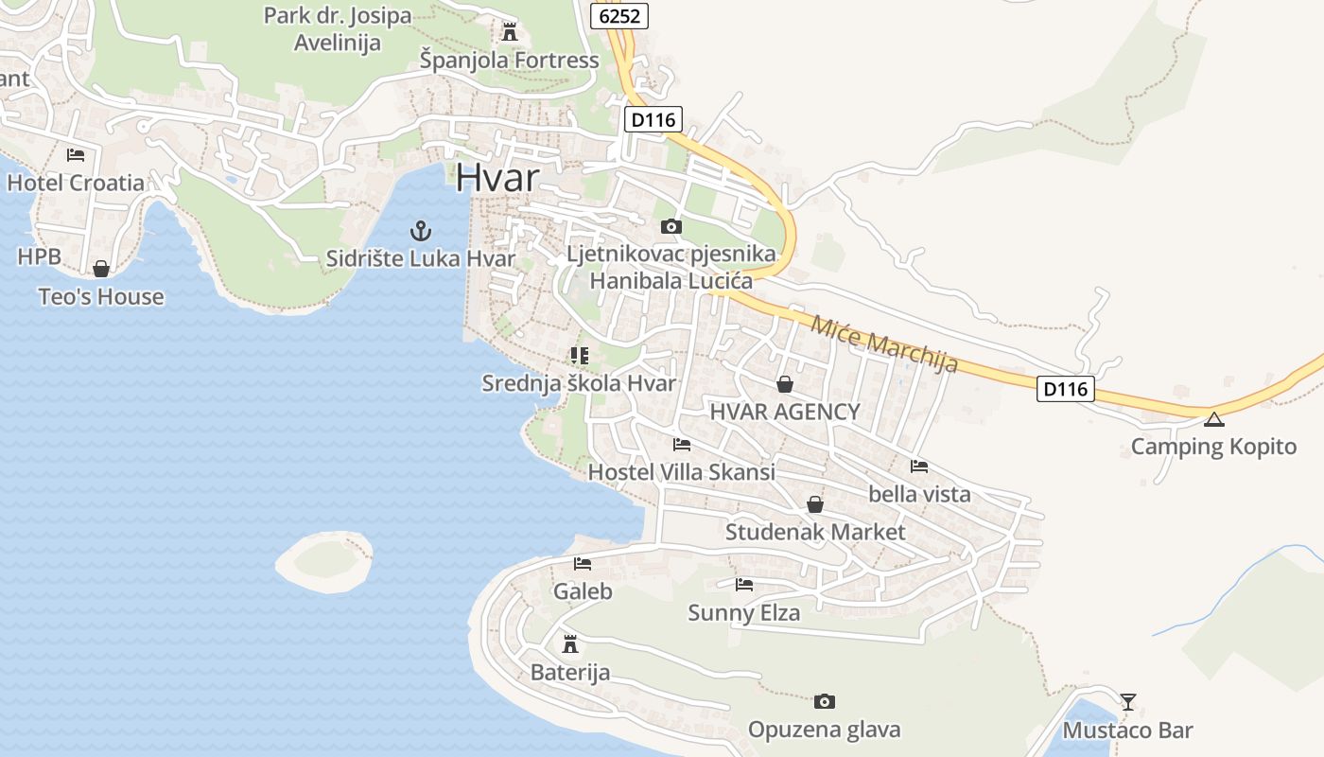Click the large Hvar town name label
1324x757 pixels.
coord(497,178)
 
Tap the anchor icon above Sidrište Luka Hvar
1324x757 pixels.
coord(420,230)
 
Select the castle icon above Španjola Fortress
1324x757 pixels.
coord(510,32)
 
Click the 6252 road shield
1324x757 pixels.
coord(619,15)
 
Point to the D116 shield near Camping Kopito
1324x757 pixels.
coord(1065,388)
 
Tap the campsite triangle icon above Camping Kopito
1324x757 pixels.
coord(1213,419)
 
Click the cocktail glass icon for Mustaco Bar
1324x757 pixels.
coord(1127,702)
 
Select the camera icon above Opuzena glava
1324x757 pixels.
coord(825,701)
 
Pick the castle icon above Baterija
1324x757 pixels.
coord(569,644)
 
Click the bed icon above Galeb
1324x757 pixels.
coord(583,564)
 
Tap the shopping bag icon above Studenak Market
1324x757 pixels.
coord(815,504)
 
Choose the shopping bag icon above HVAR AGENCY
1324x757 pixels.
coord(784,384)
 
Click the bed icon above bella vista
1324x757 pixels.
coord(919,466)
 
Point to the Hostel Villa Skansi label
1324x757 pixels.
coord(681,471)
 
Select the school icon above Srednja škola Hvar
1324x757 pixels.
coord(579,356)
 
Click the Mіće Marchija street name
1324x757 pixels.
coord(884,343)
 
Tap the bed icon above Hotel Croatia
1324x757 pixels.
coord(76,155)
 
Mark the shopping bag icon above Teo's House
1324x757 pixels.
coord(100,269)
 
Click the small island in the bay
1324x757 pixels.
coord(324,562)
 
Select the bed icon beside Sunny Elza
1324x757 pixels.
coord(744,585)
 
